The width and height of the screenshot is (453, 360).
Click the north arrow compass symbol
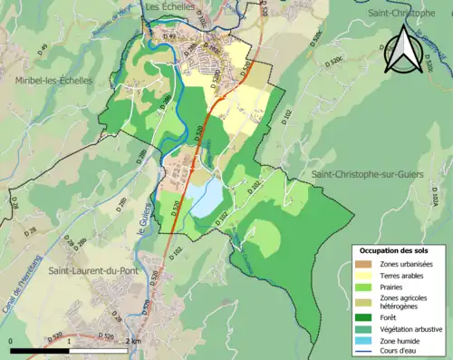point(404,50)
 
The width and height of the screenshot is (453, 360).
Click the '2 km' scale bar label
point(134,339)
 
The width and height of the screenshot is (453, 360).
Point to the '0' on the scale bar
point(10,339)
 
